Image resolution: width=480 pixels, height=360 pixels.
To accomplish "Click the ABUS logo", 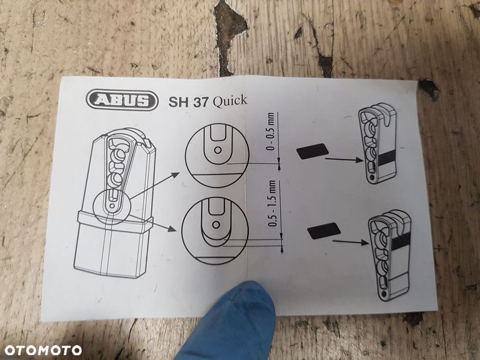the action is point(122,100).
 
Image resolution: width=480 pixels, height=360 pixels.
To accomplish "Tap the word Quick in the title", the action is point(230,101).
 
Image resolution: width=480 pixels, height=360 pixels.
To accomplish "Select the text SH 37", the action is point(188,102).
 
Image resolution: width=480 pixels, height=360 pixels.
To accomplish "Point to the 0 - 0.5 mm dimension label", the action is point(270,134).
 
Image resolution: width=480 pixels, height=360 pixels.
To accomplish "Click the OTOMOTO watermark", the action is point(43,350).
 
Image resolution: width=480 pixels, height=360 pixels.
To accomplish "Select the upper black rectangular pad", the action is point(312,151).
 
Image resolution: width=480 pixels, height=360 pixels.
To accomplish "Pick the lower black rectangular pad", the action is point(324,230).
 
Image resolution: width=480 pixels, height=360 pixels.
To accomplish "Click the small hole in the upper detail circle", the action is point(217,150).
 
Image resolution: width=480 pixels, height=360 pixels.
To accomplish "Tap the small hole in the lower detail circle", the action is point(216,225).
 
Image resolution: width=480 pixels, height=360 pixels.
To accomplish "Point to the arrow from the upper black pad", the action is point(344,159).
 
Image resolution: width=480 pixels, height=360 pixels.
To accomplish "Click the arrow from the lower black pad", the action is point(350,242).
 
